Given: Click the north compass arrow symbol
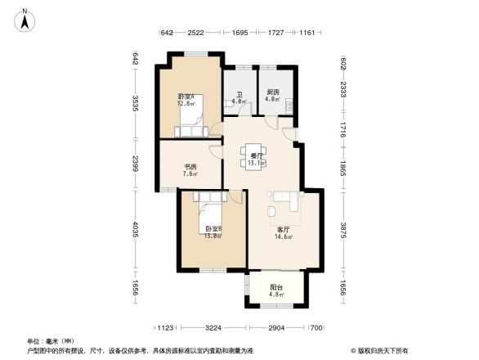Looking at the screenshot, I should tap(26, 19).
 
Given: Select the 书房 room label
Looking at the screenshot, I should tap(190, 169).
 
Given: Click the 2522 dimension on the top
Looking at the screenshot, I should tap(195, 33).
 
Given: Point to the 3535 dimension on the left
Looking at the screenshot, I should tap(135, 105).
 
